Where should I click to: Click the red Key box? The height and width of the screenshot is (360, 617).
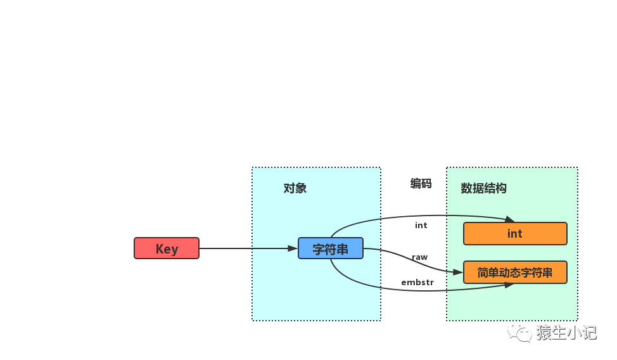tap(167, 248)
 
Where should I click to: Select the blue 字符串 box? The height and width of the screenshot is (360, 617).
tap(331, 248)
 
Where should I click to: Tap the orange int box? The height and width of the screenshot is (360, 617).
tap(515, 234)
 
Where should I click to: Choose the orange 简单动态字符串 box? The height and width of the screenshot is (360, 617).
tap(515, 273)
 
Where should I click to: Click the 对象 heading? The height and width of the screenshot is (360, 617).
tap(295, 188)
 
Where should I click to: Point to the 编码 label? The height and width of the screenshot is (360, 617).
tap(421, 184)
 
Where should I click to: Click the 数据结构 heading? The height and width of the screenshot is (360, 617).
tap(483, 188)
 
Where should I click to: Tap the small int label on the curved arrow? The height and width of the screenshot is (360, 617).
tap(421, 225)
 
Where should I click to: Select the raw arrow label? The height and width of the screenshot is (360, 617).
tap(420, 257)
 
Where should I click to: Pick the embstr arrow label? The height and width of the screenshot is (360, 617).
tap(417, 282)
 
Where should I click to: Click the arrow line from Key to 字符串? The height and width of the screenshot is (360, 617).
tap(247, 248)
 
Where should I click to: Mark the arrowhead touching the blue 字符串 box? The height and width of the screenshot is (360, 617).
tap(293, 248)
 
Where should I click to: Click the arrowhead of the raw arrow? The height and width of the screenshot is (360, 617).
tap(458, 272)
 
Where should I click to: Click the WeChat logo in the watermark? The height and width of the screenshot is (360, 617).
tap(519, 331)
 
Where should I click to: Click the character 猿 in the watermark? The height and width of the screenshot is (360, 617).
tap(544, 332)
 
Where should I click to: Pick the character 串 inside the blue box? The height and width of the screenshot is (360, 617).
tap(343, 249)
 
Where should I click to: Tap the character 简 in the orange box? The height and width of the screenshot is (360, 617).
tap(483, 273)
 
